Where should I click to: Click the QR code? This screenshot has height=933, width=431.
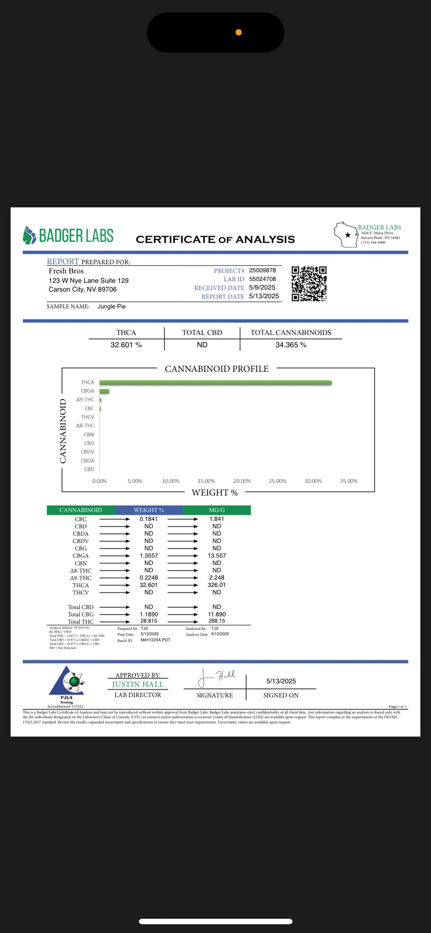coord(309,284)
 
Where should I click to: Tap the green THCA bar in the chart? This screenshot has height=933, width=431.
coord(215,383)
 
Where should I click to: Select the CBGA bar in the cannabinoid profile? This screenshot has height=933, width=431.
coord(104,391)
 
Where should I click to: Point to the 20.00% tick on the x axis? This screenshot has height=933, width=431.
coord(242,481)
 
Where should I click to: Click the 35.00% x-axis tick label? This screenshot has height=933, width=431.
coord(348,481)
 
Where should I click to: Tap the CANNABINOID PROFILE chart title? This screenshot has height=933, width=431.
coord(216,369)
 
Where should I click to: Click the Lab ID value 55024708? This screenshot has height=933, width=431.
coord(262,279)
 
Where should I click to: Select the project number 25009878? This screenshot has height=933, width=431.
coord(262,270)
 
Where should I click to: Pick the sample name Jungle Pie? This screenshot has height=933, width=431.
coord(111,307)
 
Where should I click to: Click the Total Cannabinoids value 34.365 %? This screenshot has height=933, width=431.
coord(291,345)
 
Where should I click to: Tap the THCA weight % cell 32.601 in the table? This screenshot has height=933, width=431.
coord(148,585)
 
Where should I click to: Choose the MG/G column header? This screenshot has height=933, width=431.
coord(217,510)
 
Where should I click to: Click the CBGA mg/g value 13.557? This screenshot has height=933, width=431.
coord(217,556)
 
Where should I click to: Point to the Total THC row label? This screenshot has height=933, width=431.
coord(81,622)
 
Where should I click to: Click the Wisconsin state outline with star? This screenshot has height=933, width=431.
coord(345,235)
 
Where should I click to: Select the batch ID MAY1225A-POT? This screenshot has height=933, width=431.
coord(155,640)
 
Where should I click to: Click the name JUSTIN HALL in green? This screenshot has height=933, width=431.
coord(137,684)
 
